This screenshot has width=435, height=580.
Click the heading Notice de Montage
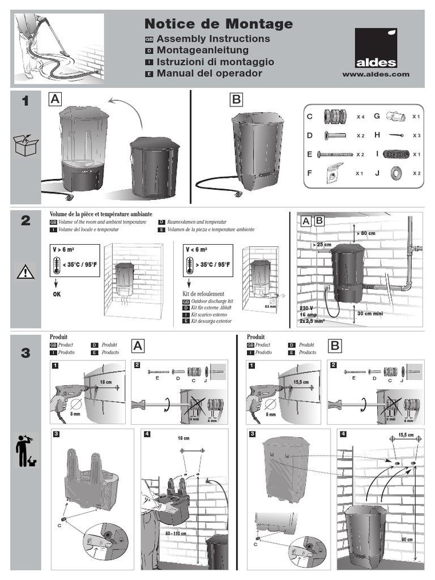tap(219, 24)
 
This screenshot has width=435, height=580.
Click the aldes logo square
tap(376, 49)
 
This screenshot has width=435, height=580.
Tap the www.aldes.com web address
tap(376, 74)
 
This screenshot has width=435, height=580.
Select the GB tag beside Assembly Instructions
tap(150, 39)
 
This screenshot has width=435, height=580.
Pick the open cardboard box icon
tap(25, 146)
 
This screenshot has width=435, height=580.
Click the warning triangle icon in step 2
tap(25, 272)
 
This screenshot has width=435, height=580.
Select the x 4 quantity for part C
tap(360, 117)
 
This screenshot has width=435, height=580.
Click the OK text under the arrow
tap(57, 295)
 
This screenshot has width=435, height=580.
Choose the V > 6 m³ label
tap(64, 249)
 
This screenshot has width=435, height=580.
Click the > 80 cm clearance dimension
tap(365, 233)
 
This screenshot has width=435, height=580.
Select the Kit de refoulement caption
tap(200, 295)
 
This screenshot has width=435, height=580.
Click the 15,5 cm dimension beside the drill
tap(302, 382)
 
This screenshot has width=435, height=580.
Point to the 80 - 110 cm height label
tap(176, 533)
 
